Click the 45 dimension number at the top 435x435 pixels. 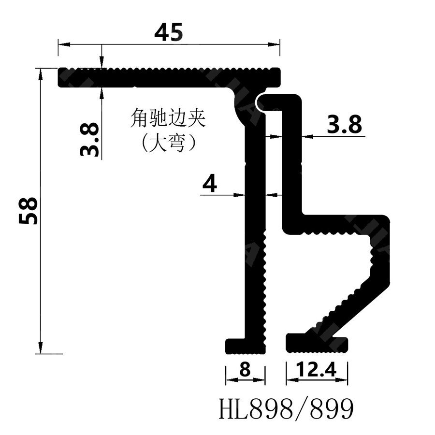169,32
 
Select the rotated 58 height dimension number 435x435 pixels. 29,210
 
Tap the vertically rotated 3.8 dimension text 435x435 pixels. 90,139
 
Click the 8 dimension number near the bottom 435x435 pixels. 245,370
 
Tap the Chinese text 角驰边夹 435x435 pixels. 168,118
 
